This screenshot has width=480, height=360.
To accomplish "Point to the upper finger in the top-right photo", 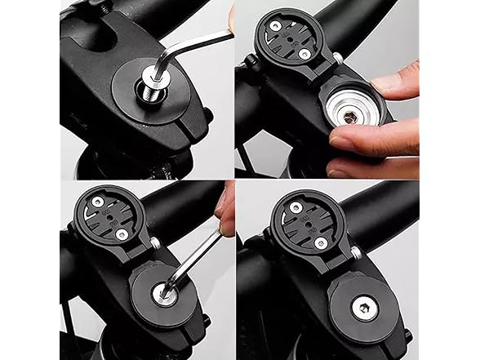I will tap(391, 79).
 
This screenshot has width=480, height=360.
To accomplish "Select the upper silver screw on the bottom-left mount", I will tap(96, 215).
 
